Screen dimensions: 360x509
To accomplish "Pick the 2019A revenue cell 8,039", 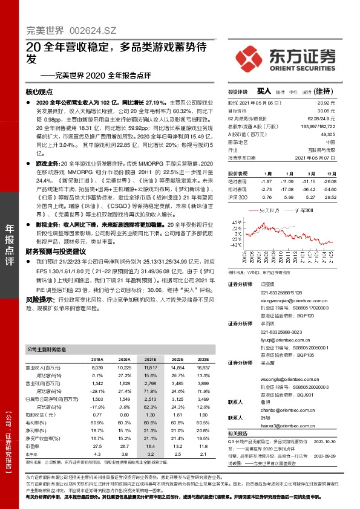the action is (x=97, y=367).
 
